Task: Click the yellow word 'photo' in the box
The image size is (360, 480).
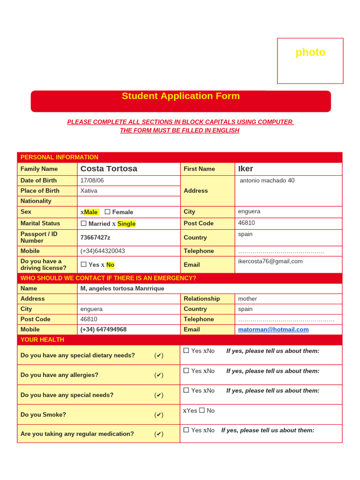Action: point(310,52)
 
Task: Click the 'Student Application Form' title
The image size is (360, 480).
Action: point(180,96)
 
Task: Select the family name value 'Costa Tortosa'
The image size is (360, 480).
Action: point(109,169)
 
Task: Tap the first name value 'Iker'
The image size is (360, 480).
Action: point(246,169)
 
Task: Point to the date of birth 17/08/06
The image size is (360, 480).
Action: point(92,180)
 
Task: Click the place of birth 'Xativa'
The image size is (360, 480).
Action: point(89,191)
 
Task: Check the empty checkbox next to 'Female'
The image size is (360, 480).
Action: point(107,212)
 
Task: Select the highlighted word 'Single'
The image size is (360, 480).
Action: point(126,224)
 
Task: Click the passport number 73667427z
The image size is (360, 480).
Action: point(95,238)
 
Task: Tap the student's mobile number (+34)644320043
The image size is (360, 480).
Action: point(103,251)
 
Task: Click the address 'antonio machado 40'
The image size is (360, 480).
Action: point(267,180)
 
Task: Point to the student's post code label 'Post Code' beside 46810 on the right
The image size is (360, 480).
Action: point(198,224)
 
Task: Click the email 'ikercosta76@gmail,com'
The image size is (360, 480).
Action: point(270,261)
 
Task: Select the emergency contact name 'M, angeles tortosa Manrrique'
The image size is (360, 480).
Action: point(122,288)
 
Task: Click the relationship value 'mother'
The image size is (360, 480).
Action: point(247,299)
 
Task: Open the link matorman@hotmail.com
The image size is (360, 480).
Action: point(273,330)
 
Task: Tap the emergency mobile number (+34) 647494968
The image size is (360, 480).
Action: point(103,330)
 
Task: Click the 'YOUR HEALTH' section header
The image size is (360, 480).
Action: point(42,340)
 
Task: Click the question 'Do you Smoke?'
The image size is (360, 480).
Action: point(43,415)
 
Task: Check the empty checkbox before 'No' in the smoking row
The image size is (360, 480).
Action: point(202,410)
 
